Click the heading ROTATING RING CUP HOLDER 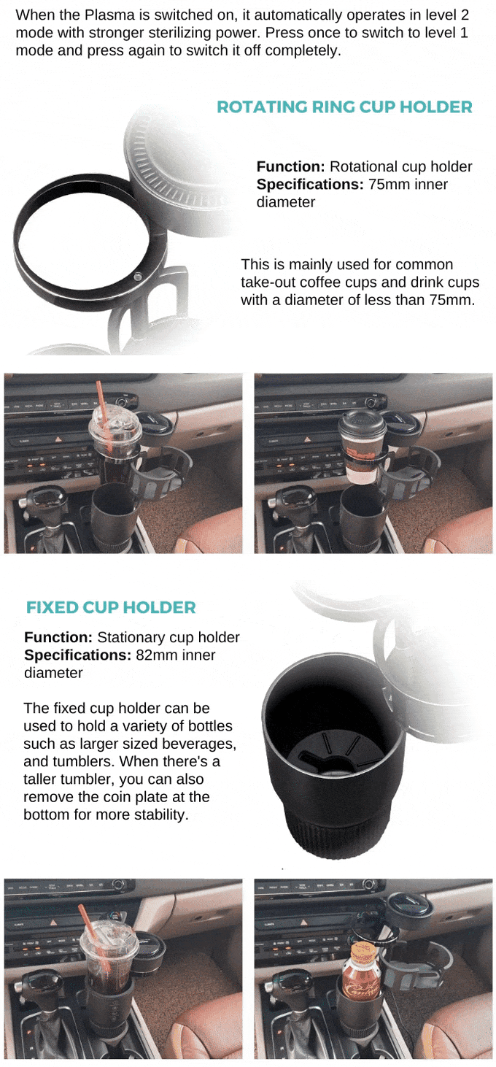pyautogui.click(x=344, y=107)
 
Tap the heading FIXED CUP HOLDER pyautogui.click(x=111, y=607)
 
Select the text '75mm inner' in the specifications pyautogui.click(x=408, y=185)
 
